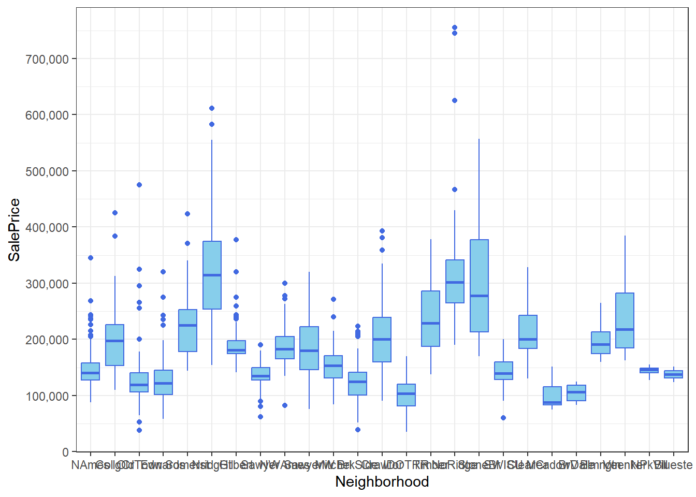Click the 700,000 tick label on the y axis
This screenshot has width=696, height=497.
coord(47,59)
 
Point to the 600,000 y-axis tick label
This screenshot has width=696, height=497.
coord(47,115)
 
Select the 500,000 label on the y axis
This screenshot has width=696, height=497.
coord(47,171)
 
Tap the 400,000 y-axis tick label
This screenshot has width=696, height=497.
coord(47,227)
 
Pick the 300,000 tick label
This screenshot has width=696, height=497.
coord(47,284)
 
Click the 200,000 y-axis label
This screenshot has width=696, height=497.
coord(47,340)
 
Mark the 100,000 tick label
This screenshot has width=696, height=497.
coord(47,396)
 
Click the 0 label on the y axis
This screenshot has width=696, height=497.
coord(65,452)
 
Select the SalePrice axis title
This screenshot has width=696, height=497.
coord(15,229)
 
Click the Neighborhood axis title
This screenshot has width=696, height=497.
coord(382,481)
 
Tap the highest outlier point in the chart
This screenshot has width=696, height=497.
coord(455,27)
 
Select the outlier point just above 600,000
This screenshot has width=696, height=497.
coord(212,108)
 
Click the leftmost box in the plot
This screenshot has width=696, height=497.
coord(91,371)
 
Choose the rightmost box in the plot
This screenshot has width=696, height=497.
coord(674,374)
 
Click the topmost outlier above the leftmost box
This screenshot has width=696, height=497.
coord(91,258)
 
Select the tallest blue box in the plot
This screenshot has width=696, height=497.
coord(479,286)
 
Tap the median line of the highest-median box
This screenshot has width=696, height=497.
coord(212,275)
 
